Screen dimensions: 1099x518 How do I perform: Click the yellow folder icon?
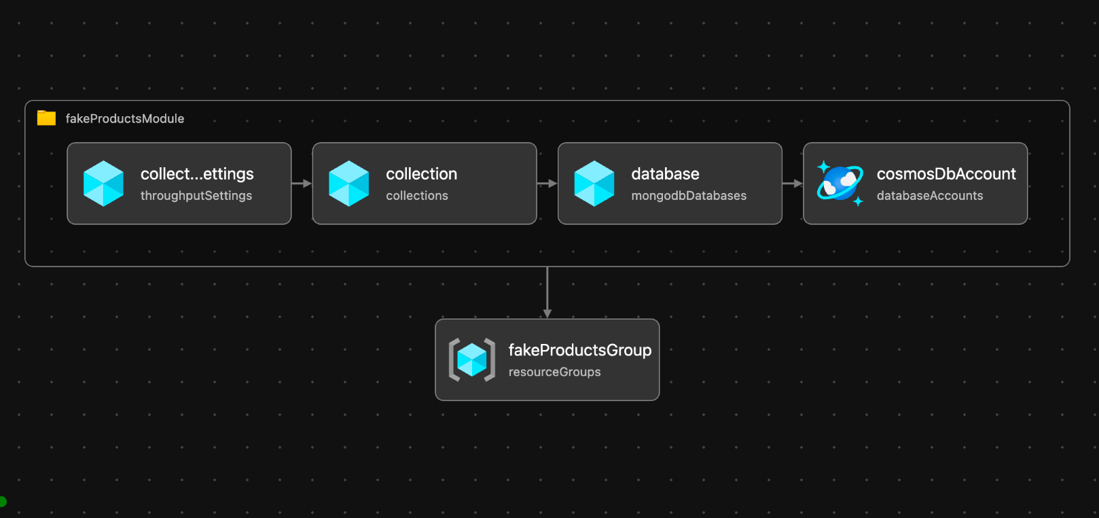coord(46,118)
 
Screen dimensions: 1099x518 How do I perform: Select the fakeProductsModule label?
coord(124,119)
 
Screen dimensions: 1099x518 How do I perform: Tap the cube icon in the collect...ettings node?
coord(103,184)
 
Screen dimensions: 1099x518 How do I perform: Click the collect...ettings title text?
coord(197,174)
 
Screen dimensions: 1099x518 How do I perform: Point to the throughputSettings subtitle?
coord(196,195)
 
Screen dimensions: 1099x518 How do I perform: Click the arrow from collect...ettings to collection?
coord(302,184)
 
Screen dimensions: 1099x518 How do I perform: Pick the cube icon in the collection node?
coord(349,184)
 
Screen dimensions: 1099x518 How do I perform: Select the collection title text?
coord(421,174)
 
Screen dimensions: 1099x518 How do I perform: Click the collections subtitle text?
coord(417,195)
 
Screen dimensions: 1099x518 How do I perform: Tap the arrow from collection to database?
coord(547,184)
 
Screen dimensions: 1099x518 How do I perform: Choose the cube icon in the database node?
coord(594,184)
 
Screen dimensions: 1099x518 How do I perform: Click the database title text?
coord(665,174)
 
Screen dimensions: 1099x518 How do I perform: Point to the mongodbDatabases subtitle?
coord(689,195)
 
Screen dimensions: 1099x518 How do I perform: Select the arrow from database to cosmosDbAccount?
coord(793,184)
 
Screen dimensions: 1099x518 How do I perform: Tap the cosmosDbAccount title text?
coord(946,174)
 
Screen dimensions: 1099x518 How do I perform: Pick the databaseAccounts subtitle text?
coord(930,195)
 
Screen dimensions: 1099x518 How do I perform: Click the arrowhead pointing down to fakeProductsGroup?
coord(547,314)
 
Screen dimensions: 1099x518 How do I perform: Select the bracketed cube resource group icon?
coord(472,360)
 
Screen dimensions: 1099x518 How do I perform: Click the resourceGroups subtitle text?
coord(554,372)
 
